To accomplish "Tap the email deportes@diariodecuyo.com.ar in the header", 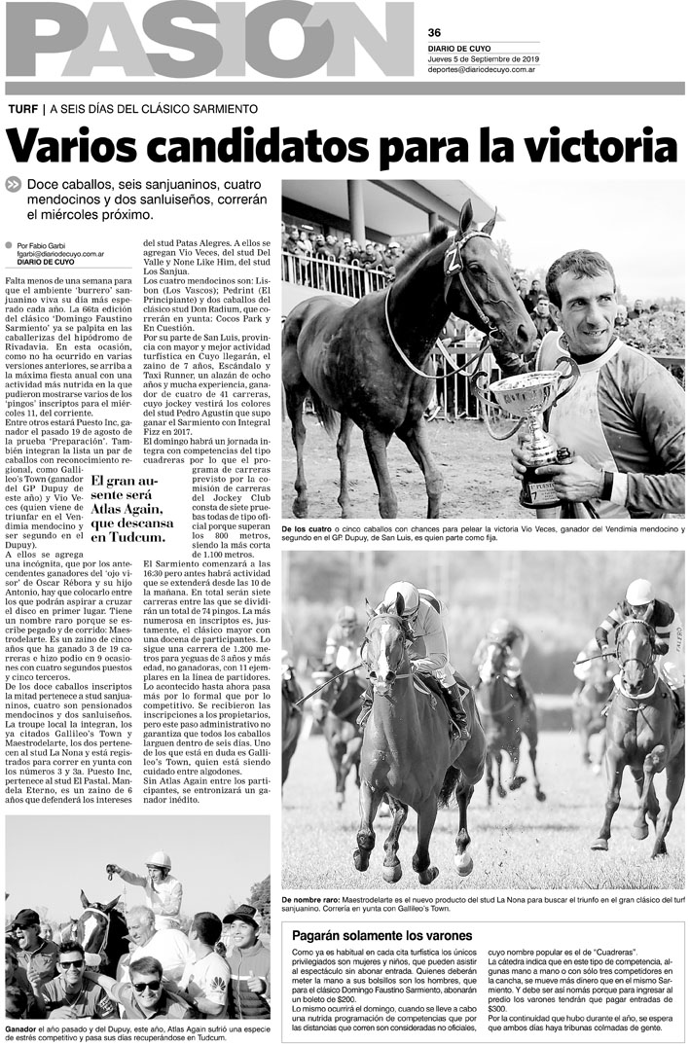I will click(x=483, y=69).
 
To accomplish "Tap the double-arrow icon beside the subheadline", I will click(x=13, y=184).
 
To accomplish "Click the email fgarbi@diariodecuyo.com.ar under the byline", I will click(x=60, y=253).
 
